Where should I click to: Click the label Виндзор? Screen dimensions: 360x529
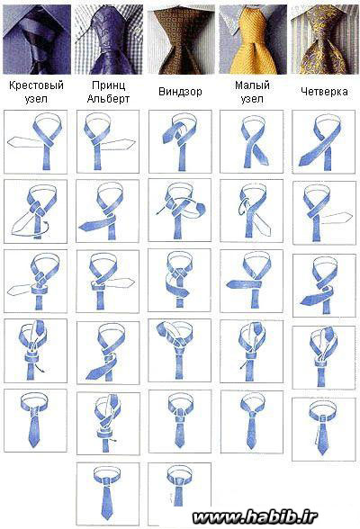[180, 92]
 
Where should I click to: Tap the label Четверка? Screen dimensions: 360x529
[324, 92]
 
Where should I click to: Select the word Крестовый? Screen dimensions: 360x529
[36, 85]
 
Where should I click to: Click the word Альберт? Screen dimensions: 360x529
[108, 99]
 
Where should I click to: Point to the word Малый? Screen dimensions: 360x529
[252, 85]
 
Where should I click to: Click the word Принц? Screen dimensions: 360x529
[108, 85]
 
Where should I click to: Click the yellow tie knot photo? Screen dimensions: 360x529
[253, 40]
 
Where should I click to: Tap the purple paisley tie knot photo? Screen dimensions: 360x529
[109, 40]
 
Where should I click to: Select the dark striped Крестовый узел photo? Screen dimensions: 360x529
[37, 40]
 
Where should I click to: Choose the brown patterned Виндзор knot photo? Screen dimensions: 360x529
[181, 40]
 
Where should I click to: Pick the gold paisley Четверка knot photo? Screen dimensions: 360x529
[325, 40]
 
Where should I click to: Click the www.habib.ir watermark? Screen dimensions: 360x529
[255, 517]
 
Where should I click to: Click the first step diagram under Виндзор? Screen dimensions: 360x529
[180, 142]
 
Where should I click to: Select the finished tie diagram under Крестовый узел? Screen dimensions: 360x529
[35, 420]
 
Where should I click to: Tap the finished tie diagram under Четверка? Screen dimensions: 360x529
[324, 429]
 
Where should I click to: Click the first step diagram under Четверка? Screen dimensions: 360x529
[324, 142]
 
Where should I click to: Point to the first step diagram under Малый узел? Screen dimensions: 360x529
[252, 142]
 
